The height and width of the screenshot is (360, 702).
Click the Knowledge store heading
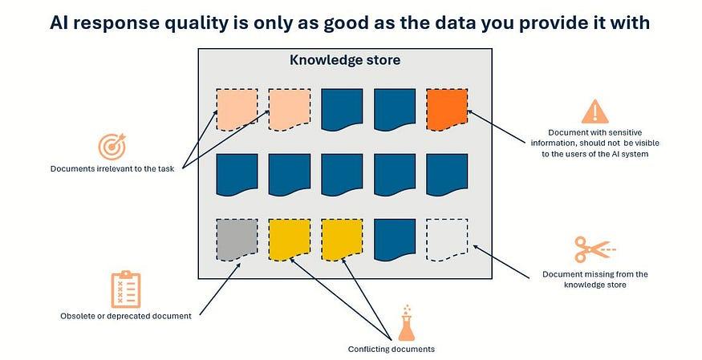click(345, 60)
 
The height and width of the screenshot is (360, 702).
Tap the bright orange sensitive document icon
click(447, 110)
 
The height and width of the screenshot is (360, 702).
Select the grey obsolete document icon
click(237, 239)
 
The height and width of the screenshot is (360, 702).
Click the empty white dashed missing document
click(447, 239)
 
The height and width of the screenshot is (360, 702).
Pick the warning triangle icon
click(594, 111)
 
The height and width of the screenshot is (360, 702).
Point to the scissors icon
click(595, 249)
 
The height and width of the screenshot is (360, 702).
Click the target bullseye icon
click(112, 147)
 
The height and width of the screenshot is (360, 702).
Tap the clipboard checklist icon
click(126, 289)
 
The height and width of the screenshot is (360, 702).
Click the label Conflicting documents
click(392, 349)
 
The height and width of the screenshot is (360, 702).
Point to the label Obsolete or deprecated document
click(126, 316)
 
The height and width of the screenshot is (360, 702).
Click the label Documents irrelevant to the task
click(112, 168)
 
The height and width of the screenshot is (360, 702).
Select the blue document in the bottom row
click(395, 239)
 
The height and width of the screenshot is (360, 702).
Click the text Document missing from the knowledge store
click(595, 279)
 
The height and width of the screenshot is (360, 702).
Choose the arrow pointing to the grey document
click(220, 289)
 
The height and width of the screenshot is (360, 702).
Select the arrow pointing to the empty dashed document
click(501, 261)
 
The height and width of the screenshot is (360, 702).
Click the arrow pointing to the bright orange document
click(496, 127)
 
